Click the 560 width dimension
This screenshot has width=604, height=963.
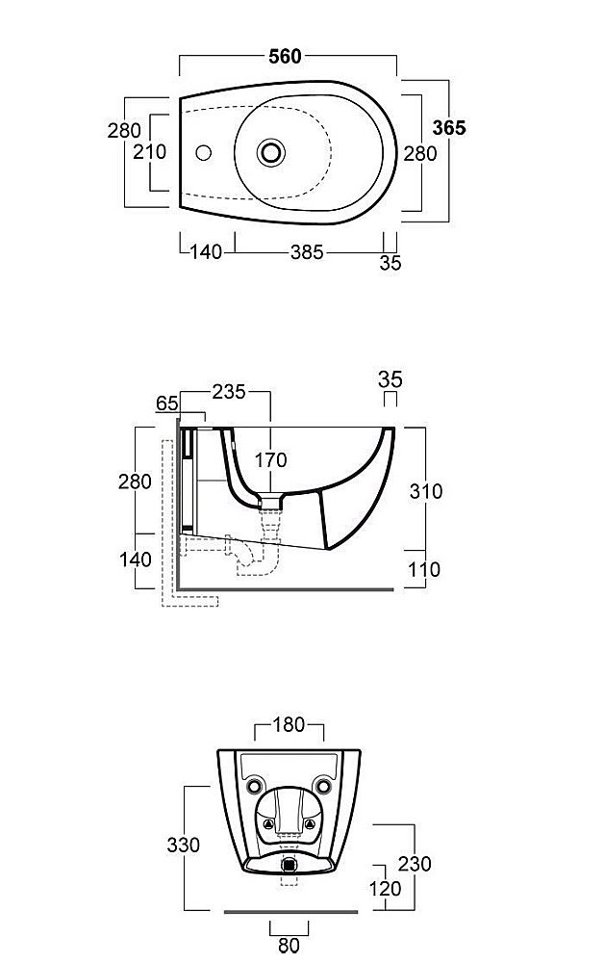tap(285, 57)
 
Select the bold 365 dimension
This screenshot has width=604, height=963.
tap(449, 128)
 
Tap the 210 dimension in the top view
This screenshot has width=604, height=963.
tap(150, 151)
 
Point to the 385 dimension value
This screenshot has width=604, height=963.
tap(307, 251)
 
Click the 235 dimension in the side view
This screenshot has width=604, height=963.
tap(229, 392)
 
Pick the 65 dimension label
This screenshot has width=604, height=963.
tap(166, 403)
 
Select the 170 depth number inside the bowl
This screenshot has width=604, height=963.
tap(270, 459)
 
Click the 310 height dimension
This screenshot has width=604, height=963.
tap(425, 491)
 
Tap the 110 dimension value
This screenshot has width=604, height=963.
tap(424, 569)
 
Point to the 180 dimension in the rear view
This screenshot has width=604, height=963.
tap(289, 725)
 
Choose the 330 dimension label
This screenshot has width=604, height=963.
tap(184, 846)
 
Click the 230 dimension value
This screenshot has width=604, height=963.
tap(415, 864)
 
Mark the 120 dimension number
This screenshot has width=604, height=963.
tap(385, 888)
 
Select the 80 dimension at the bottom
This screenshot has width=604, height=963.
tap(289, 946)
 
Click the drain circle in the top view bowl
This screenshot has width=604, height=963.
tap(270, 152)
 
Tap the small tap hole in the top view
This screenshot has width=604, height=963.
tap(203, 152)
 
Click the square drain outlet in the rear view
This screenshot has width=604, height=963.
tap(289, 865)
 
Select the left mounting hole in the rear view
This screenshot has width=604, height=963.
tap(254, 786)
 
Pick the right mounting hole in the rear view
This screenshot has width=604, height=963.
tap(323, 786)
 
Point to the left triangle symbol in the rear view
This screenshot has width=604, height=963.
tap(268, 824)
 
